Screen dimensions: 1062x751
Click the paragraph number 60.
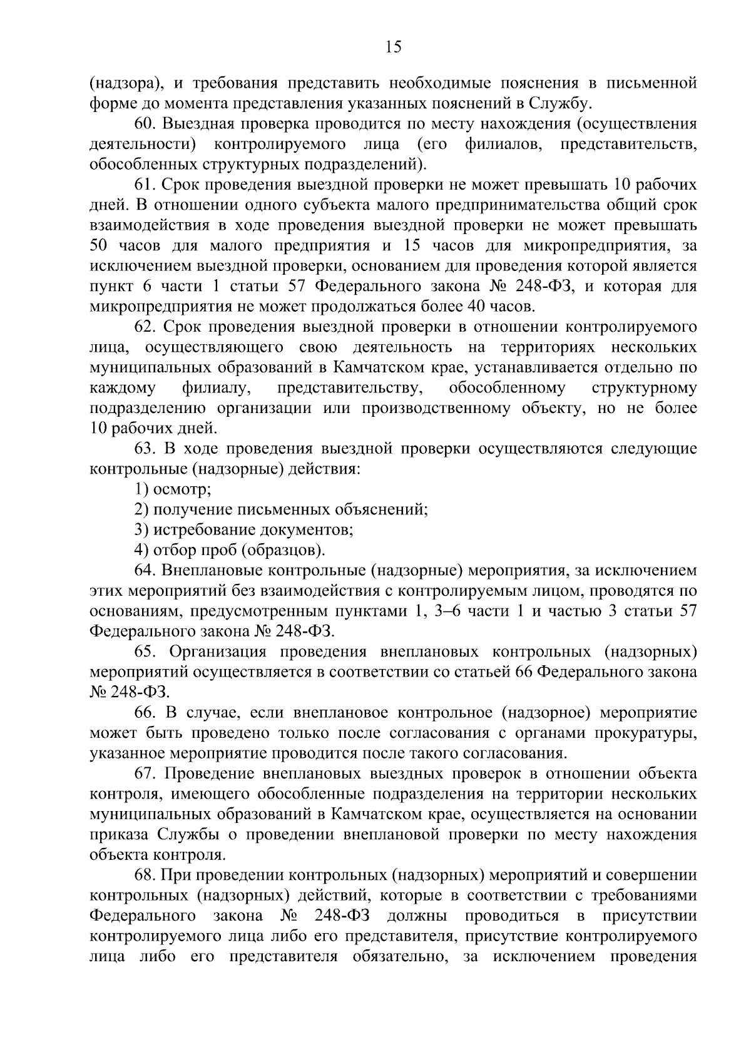coord(144,124)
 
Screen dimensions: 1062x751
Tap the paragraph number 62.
coord(144,327)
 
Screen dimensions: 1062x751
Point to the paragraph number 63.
coord(144,449)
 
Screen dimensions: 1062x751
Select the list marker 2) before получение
coord(141,509)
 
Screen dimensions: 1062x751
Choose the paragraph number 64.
coord(144,570)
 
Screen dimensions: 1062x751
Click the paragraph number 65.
coord(144,651)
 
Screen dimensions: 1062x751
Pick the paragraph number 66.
coord(144,712)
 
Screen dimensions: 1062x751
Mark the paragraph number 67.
coord(144,774)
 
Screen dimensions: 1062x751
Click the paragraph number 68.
coord(144,875)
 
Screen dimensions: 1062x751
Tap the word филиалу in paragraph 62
coord(217,388)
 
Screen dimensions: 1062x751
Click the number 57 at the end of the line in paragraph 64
coord(688,611)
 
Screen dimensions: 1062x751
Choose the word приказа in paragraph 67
coord(119,834)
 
